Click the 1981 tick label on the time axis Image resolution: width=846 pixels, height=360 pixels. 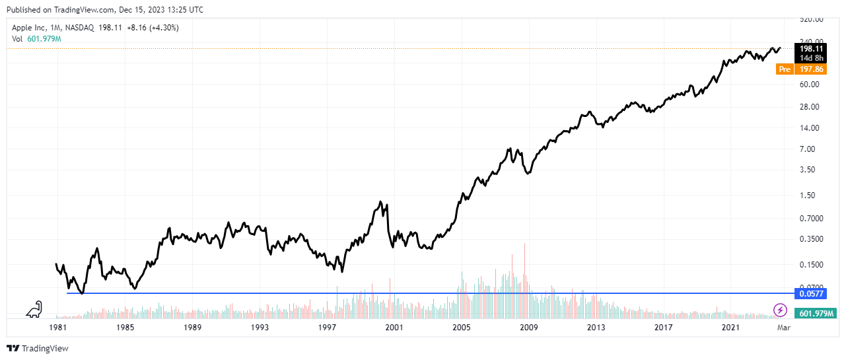[x=59, y=328]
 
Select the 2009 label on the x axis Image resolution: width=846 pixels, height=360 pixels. [x=528, y=328]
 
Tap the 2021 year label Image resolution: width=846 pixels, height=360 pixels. [x=730, y=328]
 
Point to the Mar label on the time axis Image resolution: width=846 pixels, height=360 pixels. [x=783, y=328]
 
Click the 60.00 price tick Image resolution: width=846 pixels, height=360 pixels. [x=810, y=85]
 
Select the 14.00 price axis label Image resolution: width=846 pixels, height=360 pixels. [x=810, y=128]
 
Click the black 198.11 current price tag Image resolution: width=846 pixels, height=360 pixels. [x=810, y=48]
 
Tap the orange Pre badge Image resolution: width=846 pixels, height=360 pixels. [x=785, y=69]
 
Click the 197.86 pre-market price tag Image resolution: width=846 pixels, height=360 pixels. [x=810, y=69]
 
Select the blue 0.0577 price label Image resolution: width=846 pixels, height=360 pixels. [x=810, y=293]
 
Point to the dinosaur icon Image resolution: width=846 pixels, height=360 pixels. [x=34, y=309]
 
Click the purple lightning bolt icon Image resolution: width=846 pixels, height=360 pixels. [x=781, y=310]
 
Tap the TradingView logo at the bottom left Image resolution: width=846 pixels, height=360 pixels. [x=37, y=348]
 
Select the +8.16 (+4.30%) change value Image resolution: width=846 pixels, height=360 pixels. [x=155, y=28]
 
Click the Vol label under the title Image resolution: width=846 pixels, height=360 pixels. [x=18, y=39]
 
